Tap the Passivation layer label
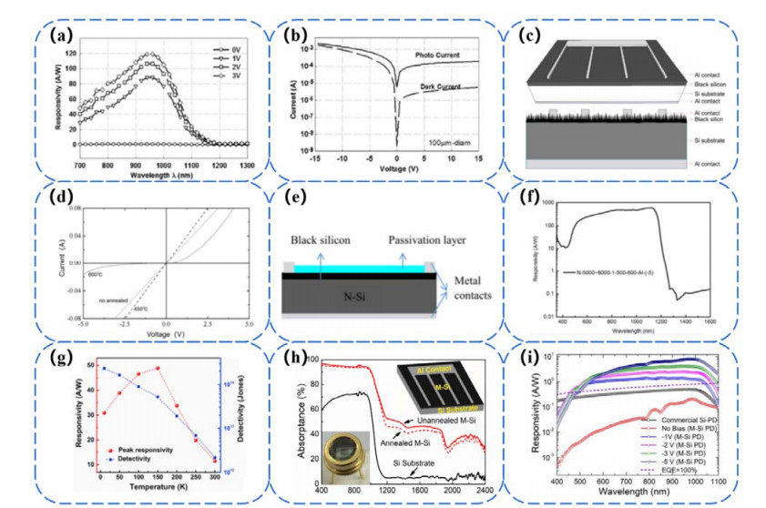coord(429,240)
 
